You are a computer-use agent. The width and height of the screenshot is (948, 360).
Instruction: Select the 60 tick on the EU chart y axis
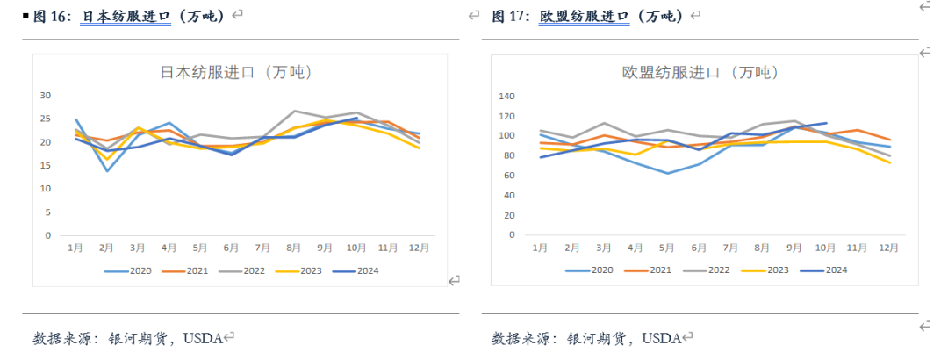pos(506,176)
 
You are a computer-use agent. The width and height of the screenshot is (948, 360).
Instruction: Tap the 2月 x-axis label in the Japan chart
pos(107,248)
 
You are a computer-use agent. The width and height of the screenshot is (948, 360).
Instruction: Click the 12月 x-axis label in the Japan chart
pos(419,248)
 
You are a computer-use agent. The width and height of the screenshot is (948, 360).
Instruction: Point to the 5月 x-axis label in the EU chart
pos(668,248)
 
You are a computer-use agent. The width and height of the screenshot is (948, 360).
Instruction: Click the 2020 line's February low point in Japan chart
pos(107,170)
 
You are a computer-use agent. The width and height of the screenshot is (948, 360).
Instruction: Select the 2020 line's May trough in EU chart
pos(668,173)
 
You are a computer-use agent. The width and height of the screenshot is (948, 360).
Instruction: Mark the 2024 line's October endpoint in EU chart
pos(825,123)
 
